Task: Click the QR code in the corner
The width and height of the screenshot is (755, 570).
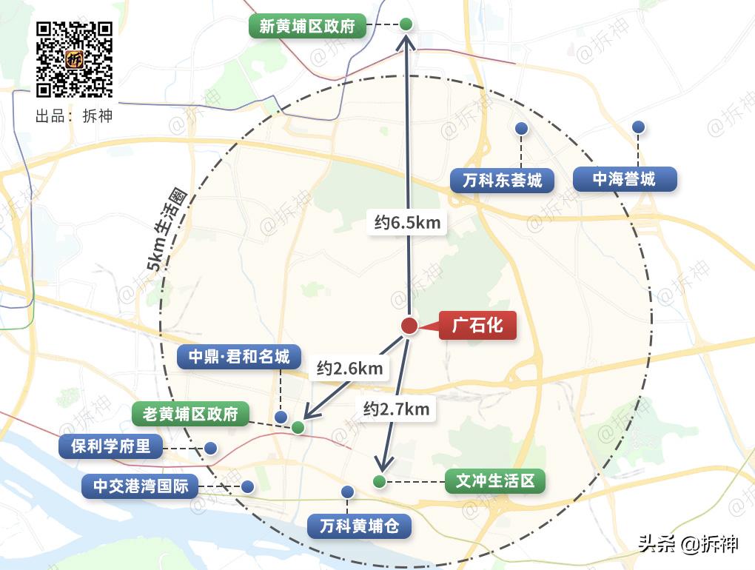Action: click(x=75, y=59)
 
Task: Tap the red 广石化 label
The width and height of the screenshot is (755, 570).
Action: click(x=477, y=325)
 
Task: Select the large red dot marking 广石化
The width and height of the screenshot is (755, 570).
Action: click(x=409, y=326)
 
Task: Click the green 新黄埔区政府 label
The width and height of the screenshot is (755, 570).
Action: click(x=307, y=27)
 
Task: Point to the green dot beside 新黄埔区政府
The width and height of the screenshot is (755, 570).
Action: click(x=406, y=24)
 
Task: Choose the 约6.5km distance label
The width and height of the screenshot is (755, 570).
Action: click(x=407, y=222)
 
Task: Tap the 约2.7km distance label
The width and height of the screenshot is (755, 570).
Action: click(x=396, y=408)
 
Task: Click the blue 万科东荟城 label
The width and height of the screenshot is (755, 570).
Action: click(x=503, y=180)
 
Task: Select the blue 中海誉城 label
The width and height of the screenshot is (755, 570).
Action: click(x=624, y=178)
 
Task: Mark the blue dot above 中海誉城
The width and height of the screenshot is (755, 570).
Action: click(x=639, y=127)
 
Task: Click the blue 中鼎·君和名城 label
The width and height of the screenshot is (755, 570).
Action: click(x=238, y=357)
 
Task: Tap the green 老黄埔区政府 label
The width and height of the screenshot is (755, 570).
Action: click(x=190, y=414)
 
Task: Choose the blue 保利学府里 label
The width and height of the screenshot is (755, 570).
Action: click(x=111, y=446)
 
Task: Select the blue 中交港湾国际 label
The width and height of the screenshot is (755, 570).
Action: click(x=141, y=486)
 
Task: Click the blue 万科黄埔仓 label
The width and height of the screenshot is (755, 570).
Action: click(x=359, y=526)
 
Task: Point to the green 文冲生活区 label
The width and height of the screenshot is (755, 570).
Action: click(x=495, y=481)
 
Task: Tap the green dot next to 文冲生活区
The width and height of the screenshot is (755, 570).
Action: click(x=380, y=482)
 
